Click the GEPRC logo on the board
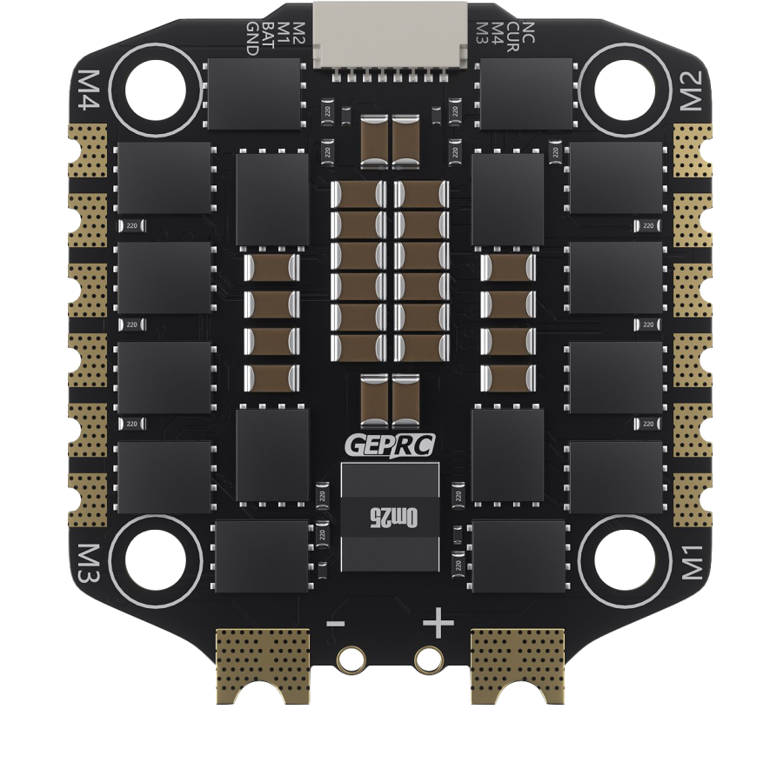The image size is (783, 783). tap(390, 445)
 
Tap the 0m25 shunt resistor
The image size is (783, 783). tap(390, 518)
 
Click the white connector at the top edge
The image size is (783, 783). tap(391, 35)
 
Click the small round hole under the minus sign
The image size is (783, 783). tap(351, 659)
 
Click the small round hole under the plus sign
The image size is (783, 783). tap(428, 659)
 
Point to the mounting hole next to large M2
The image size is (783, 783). tap(624, 88)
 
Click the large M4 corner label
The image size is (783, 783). tap(90, 88)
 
